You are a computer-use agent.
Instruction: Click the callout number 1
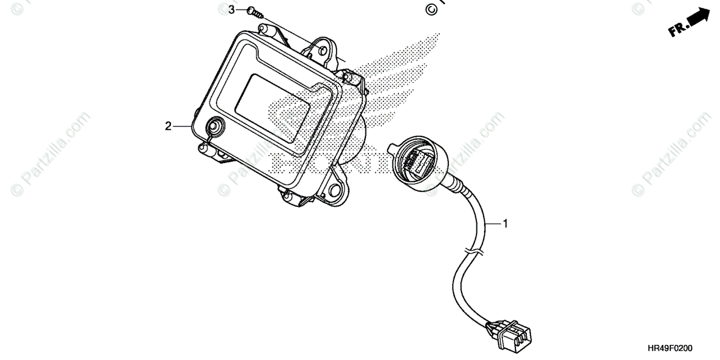[x=505, y=224]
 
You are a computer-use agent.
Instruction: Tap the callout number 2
[x=169, y=126]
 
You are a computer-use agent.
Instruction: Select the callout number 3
[x=232, y=10]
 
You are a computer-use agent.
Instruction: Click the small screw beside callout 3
[x=255, y=13]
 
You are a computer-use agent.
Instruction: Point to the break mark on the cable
[x=474, y=252]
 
